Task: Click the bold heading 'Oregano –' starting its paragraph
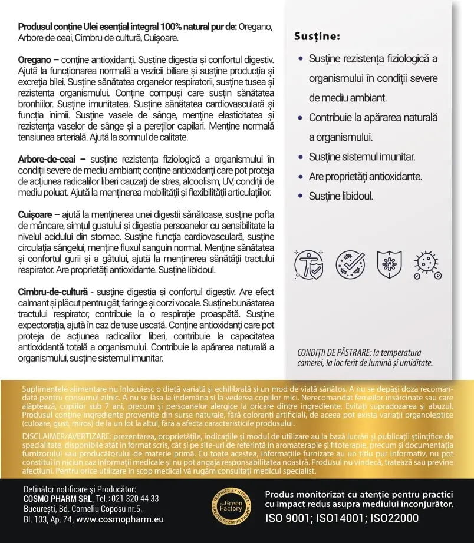(x=38, y=60)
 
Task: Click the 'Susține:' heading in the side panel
(x=317, y=37)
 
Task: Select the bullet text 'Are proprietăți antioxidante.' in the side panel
(x=374, y=176)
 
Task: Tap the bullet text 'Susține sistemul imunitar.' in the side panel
(x=362, y=157)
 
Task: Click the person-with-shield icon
(x=308, y=264)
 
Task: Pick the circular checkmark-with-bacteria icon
(x=350, y=264)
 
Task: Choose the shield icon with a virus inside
(x=391, y=264)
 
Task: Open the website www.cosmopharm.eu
(x=120, y=519)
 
